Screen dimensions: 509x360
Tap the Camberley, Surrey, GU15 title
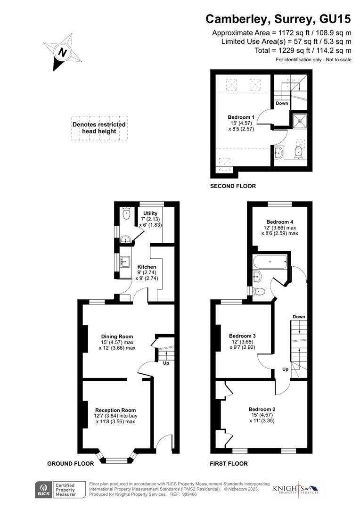(278, 19)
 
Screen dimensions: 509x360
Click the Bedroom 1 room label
(241, 117)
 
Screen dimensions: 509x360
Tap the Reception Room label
(115, 410)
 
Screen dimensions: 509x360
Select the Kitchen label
(147, 267)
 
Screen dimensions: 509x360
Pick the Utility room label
(150, 213)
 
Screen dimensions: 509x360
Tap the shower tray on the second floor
(299, 122)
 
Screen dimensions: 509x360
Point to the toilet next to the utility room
(126, 213)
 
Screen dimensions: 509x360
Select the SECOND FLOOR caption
(233, 186)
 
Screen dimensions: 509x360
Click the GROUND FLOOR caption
(71, 464)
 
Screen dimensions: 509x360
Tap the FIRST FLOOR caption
(229, 464)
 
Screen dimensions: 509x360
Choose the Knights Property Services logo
(295, 490)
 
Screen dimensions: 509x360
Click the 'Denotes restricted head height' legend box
(99, 128)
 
